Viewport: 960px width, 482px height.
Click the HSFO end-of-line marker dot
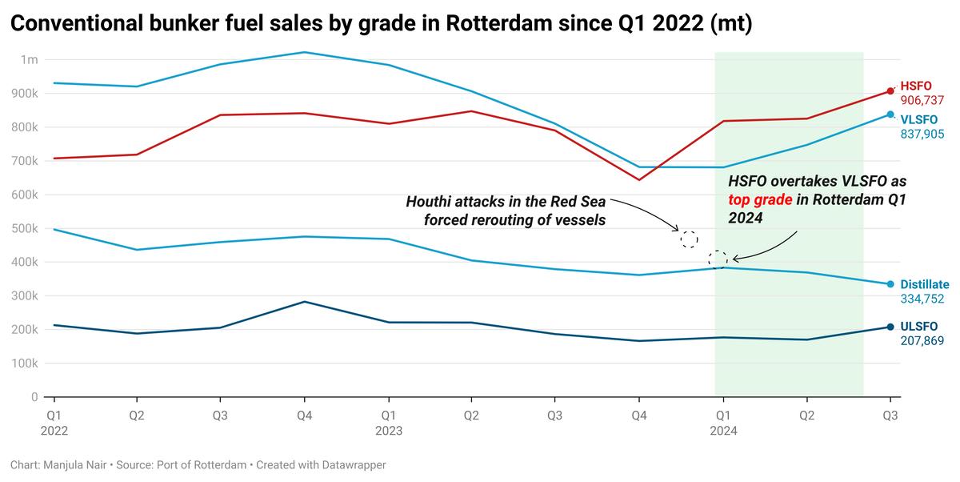click(890, 91)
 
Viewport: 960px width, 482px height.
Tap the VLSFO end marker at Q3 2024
click(890, 114)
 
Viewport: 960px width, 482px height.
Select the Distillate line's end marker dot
click(890, 284)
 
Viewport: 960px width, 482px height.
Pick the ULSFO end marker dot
click(890, 327)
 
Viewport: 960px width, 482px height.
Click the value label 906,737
click(922, 101)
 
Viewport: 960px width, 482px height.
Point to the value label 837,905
click(922, 135)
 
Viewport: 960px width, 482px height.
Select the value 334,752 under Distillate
click(922, 299)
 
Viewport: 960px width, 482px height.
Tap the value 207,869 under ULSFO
click(922, 341)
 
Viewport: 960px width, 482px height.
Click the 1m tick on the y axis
click(30, 60)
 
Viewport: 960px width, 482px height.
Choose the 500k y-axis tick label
click(24, 228)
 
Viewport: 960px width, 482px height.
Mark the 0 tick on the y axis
click(34, 397)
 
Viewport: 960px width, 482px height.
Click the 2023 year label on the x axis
click(389, 431)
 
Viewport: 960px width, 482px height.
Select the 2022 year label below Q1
click(54, 431)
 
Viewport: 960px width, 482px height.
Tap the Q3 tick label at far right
click(890, 416)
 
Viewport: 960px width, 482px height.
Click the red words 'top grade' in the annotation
click(759, 199)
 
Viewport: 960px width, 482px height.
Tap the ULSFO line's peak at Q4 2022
click(305, 302)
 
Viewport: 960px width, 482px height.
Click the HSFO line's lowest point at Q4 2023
click(639, 179)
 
